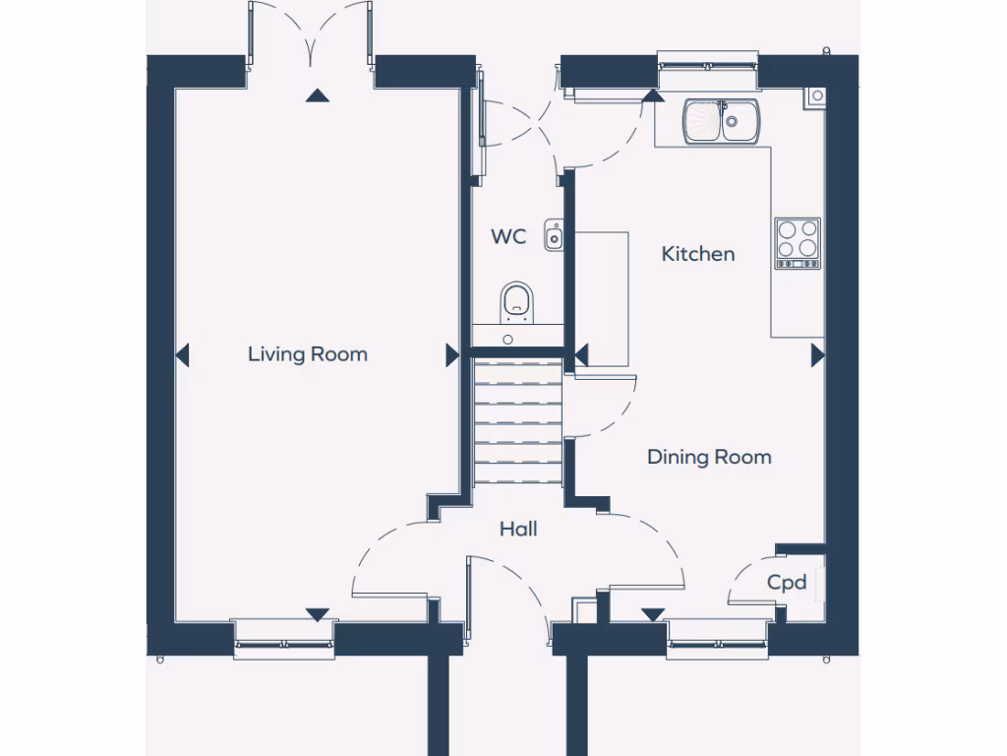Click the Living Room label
click(x=307, y=353)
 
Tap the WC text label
click(x=508, y=237)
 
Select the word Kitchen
click(x=697, y=254)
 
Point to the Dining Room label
click(x=708, y=457)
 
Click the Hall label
click(x=517, y=530)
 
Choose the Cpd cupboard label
click(x=787, y=583)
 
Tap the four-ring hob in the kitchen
click(x=797, y=242)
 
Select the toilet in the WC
click(x=517, y=301)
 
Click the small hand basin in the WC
click(x=554, y=235)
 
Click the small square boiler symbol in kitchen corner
click(x=816, y=95)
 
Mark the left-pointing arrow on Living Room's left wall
click(x=182, y=355)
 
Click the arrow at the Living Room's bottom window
click(x=317, y=614)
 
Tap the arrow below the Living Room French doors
click(x=316, y=95)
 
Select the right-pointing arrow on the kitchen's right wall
click(x=816, y=355)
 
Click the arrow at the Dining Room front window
click(x=652, y=614)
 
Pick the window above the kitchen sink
click(x=708, y=61)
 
